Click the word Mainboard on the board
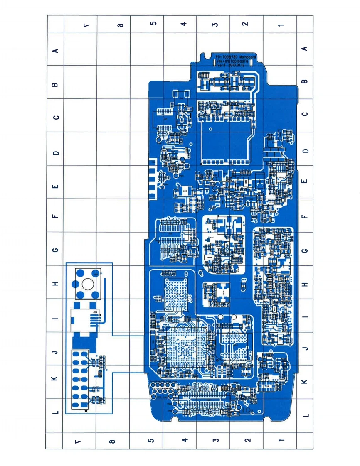pos(247,57)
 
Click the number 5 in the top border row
pos(153,23)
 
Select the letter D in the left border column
pos(55,153)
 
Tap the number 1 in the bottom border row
pos(281,440)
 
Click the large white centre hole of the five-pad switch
pos(88,284)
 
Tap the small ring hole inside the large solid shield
pos(211,129)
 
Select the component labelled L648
pos(185,191)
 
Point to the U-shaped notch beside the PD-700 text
pos(207,56)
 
